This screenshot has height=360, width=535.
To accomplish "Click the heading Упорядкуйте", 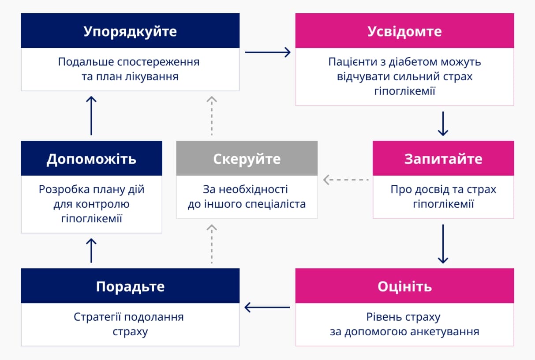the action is (x=130, y=32).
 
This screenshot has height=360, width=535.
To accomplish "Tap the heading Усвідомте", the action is (x=404, y=31).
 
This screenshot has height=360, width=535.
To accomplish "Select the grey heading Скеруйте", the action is (x=247, y=159).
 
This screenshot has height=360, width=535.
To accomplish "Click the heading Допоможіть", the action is (x=91, y=159).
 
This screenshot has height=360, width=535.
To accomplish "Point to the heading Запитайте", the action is (x=443, y=159).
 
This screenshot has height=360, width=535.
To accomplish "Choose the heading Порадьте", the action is (x=130, y=287).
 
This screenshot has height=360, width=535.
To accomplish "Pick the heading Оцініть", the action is (x=404, y=286).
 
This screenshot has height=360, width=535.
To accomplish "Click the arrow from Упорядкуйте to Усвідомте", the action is (x=268, y=52).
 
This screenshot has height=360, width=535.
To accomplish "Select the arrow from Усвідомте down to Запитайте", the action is (x=443, y=124).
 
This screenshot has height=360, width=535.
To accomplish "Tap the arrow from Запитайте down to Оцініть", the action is (x=443, y=244).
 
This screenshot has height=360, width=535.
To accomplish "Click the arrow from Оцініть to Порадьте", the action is (x=267, y=307).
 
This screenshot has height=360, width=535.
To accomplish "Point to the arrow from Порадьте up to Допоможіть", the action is (x=91, y=251).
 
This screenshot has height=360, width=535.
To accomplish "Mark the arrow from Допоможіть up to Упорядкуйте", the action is (x=91, y=116).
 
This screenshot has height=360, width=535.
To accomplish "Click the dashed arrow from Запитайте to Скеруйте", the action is (x=346, y=180).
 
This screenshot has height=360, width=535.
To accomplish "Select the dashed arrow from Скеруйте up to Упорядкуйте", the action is (x=212, y=116).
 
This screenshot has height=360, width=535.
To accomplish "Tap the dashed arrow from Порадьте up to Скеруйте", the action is (x=212, y=244).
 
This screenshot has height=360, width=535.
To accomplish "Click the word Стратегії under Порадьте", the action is (x=97, y=317).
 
